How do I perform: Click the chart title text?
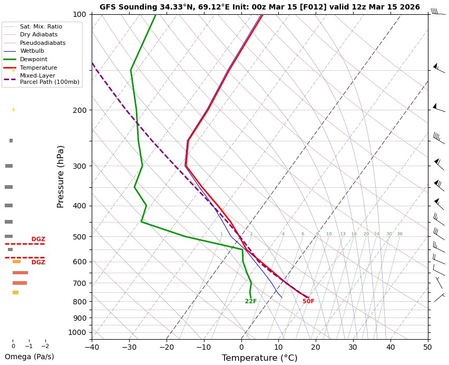260,7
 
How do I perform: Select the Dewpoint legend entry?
34,59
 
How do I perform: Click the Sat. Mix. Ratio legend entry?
41,26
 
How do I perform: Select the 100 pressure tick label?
79,14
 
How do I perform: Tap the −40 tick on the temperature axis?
92,347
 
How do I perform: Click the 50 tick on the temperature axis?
427,347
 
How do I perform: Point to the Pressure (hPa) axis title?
61,176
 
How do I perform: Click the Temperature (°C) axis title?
259,358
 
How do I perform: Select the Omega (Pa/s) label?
30,357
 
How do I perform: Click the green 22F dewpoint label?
251,302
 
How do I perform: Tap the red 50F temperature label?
308,302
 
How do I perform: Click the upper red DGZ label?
38,239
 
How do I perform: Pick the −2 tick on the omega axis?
45,346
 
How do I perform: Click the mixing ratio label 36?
399,234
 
